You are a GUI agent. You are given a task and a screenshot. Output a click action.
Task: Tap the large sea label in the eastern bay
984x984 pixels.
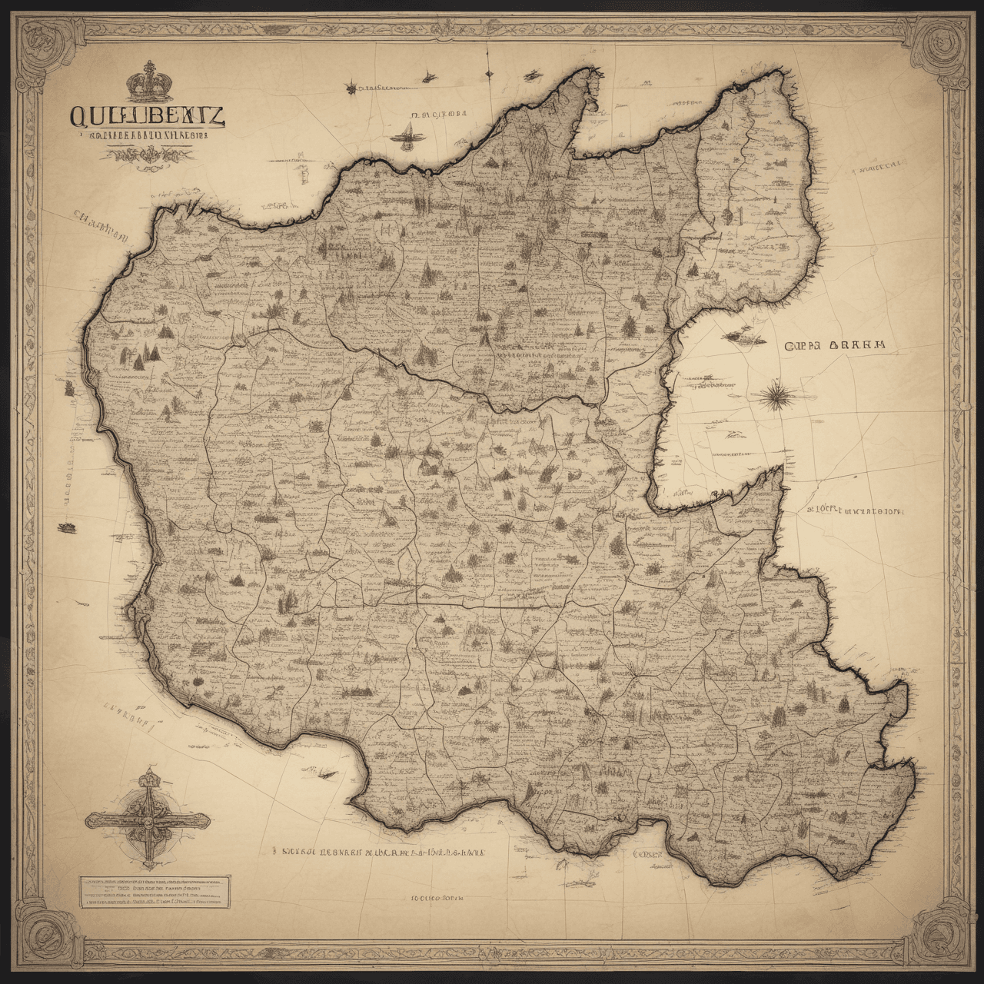(x=835, y=346)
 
